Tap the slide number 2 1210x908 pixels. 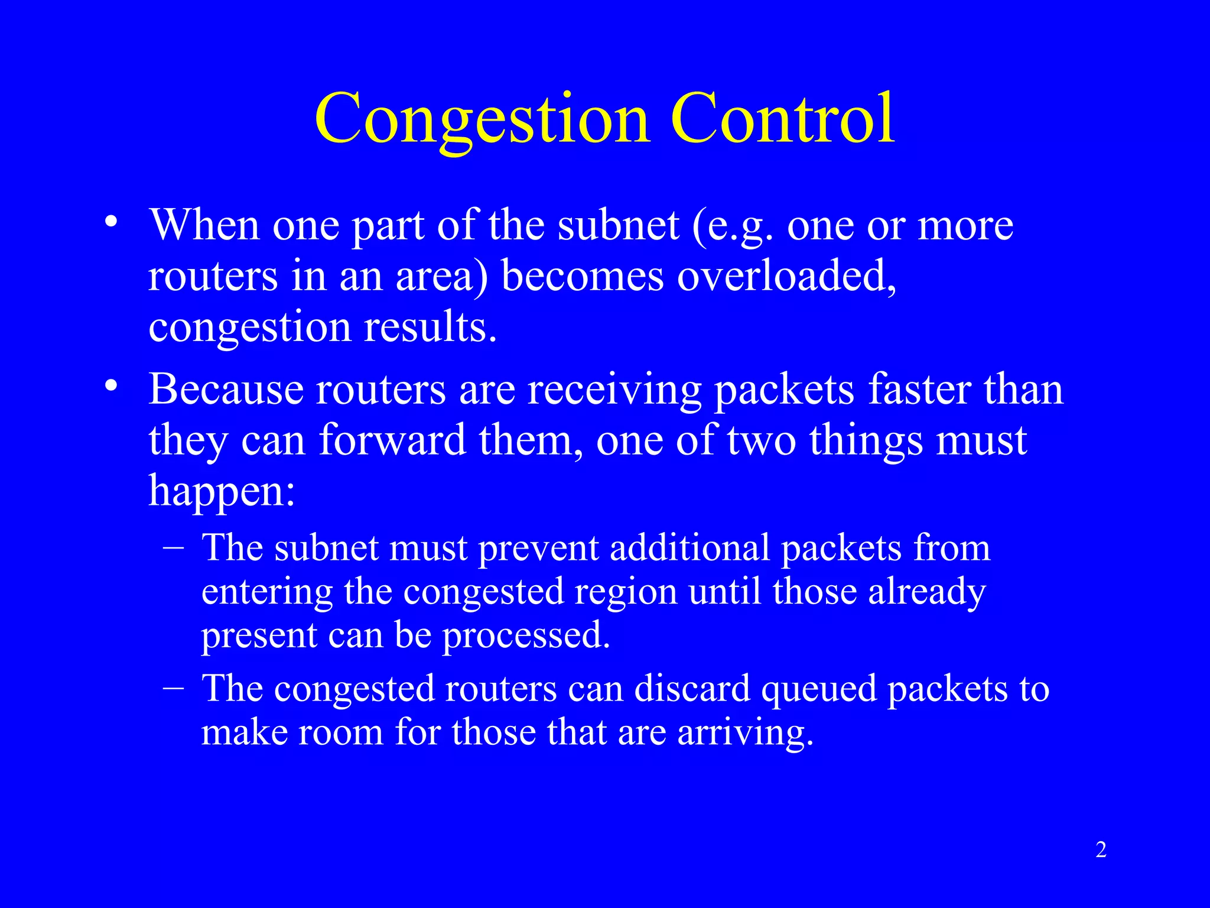1101,849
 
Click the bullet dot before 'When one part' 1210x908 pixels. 110,223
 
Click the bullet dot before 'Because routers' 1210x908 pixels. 110,387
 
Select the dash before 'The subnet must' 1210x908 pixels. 173,547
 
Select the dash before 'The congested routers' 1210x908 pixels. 173,688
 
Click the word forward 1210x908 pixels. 392,440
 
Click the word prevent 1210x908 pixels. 539,548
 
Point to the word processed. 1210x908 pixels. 526,636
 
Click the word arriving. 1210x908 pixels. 745,734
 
